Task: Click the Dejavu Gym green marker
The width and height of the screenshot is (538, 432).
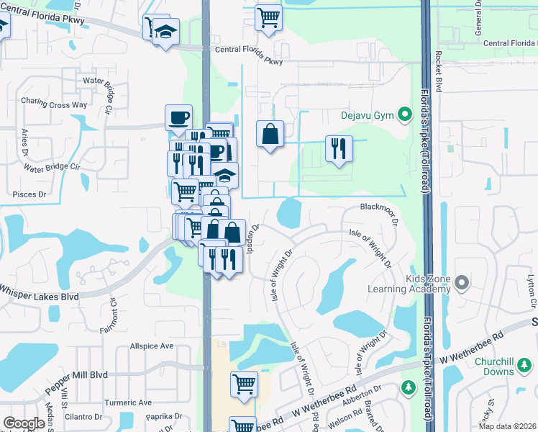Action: click(404, 115)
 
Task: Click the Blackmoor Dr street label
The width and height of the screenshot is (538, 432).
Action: click(379, 207)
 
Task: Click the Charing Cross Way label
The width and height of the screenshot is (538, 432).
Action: click(54, 104)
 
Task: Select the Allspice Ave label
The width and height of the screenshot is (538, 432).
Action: click(152, 346)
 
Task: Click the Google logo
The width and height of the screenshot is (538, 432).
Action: click(24, 423)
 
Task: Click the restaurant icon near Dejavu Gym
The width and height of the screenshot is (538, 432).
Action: click(339, 148)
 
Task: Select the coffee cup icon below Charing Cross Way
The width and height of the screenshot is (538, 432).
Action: click(178, 117)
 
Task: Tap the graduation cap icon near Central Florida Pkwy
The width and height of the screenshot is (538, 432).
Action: click(166, 32)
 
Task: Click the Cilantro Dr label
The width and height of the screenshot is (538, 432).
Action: click(83, 417)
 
